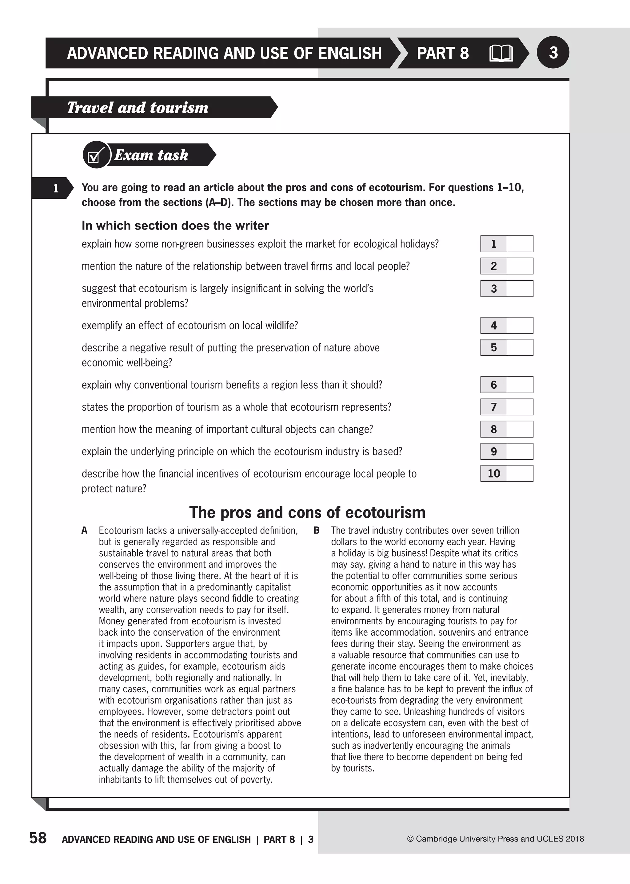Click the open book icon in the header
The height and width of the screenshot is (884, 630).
point(501,54)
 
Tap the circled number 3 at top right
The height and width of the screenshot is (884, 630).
point(553,52)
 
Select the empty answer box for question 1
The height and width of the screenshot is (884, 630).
point(520,244)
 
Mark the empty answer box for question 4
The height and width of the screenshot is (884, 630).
point(520,326)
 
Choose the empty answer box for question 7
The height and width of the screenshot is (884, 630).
point(520,407)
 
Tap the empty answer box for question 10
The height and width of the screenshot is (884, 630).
point(520,474)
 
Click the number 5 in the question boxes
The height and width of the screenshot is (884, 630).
point(493,348)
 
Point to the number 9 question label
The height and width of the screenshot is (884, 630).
point(493,452)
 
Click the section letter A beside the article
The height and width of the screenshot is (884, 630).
point(85,531)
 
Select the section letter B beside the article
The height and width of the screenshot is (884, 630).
point(317,531)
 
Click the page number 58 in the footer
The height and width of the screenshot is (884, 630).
point(38,838)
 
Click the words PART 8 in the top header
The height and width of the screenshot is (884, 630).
point(443,54)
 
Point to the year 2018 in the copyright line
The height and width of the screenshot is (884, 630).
point(575,839)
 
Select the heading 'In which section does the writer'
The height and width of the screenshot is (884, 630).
point(175,226)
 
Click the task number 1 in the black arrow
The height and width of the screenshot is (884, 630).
point(55,188)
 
